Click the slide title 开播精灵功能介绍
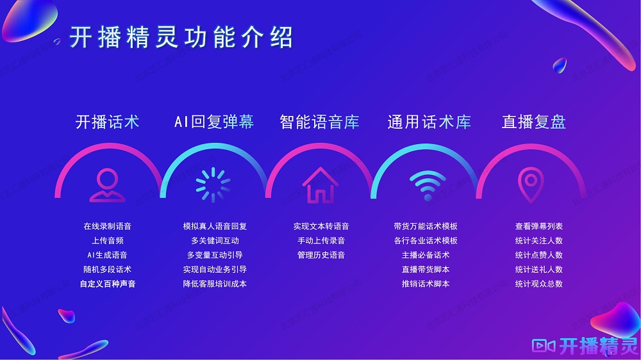(181, 37)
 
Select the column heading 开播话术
(108, 122)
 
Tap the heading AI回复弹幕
(214, 122)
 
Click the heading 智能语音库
(320, 122)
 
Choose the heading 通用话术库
(429, 122)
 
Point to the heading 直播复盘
(534, 122)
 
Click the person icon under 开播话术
(108, 185)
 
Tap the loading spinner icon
(213, 185)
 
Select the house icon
(320, 185)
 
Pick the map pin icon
(531, 185)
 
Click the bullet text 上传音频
(108, 241)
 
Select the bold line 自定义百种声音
(108, 284)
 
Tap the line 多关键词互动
(215, 241)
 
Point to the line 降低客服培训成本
(215, 284)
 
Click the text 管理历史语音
(321, 255)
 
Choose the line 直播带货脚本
(426, 269)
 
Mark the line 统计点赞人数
(539, 255)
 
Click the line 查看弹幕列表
(539, 226)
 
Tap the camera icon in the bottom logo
(544, 346)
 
